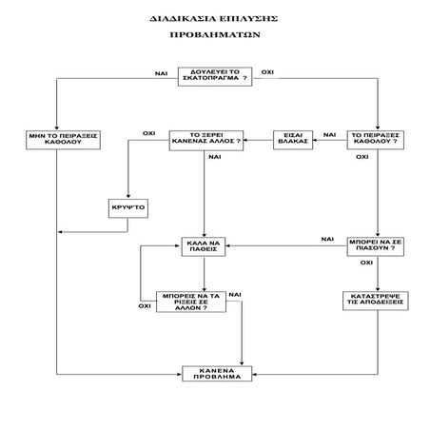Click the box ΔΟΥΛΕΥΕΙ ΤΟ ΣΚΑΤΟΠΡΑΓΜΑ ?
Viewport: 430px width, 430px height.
click(214, 77)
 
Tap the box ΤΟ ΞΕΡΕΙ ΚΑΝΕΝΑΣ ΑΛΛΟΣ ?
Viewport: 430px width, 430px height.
click(205, 139)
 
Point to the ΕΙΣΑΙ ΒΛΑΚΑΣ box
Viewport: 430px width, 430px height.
click(291, 139)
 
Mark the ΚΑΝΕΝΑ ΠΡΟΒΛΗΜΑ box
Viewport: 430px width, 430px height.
click(213, 374)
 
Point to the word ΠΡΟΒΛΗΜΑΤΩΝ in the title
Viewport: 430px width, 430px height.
click(214, 34)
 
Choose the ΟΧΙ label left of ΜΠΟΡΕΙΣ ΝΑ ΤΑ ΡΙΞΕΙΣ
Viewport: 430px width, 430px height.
click(145, 306)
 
